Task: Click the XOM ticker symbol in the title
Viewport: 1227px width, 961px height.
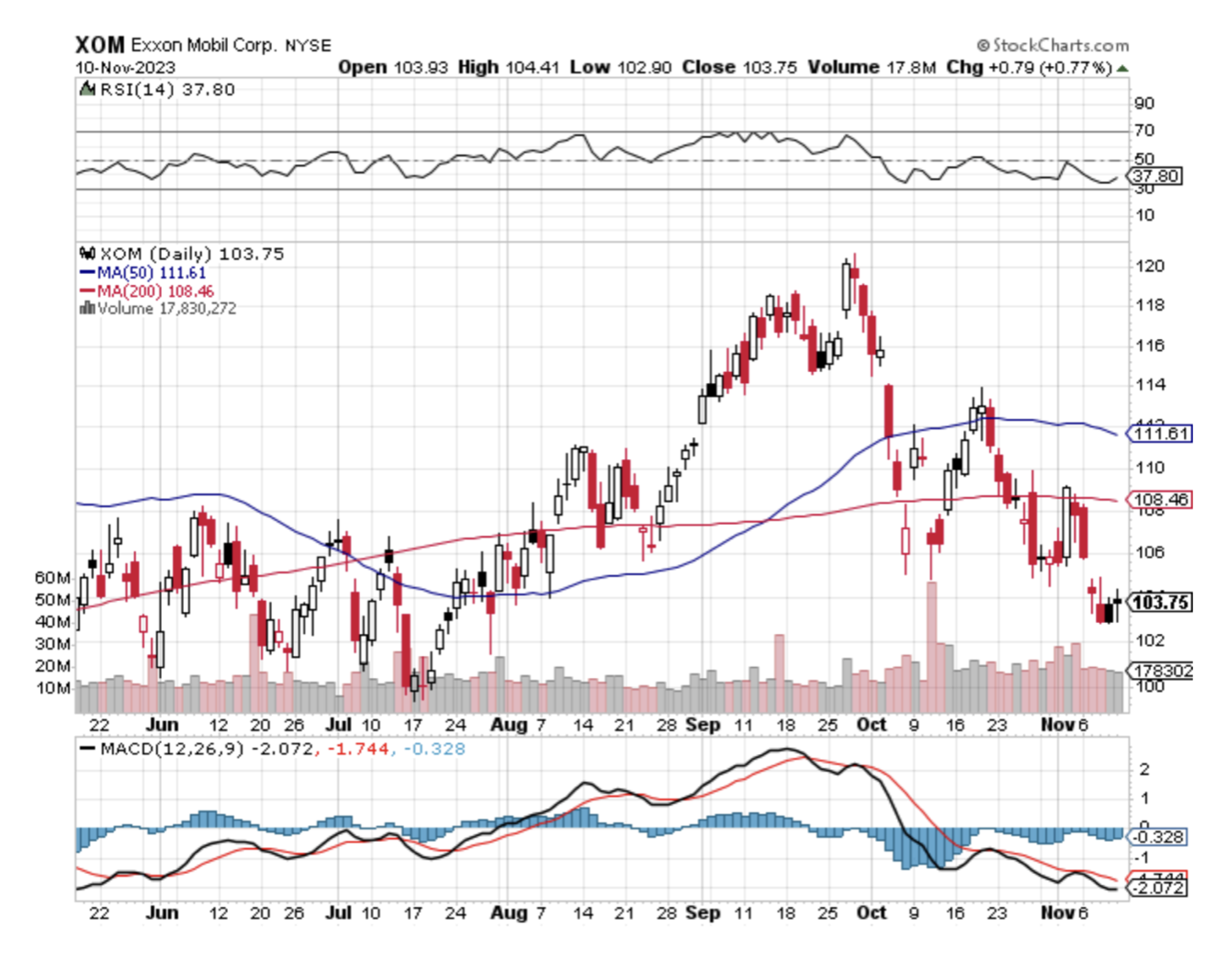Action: coord(98,44)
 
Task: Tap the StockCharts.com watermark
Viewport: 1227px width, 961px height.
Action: coord(1053,44)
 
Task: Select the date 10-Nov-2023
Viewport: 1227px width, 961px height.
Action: coord(125,67)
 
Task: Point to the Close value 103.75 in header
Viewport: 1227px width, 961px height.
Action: coord(767,67)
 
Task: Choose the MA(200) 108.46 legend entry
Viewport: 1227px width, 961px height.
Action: coord(147,291)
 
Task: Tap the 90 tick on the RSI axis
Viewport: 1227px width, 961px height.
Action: coord(1144,103)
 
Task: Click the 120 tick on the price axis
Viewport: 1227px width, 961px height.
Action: coord(1150,266)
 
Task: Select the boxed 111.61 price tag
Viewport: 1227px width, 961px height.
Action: coord(1162,434)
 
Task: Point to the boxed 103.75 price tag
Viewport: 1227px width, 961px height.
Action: coord(1161,603)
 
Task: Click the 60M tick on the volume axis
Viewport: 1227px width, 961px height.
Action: coord(52,577)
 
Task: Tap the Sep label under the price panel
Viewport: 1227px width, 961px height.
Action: coord(703,725)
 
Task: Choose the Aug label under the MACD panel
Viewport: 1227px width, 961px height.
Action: coord(508,912)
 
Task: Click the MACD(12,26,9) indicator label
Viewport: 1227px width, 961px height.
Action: coord(172,749)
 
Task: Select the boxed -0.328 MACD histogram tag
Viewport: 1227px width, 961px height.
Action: coord(1158,837)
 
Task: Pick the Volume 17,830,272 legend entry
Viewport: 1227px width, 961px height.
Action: coord(157,309)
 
